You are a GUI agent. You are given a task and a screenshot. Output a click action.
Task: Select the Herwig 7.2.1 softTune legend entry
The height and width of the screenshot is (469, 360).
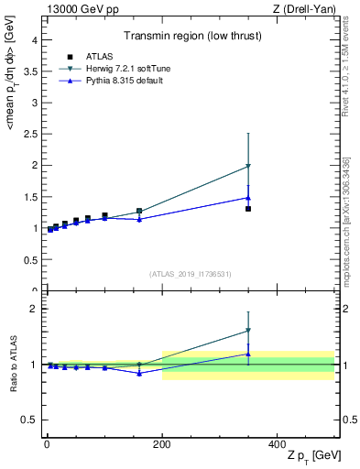click(118, 69)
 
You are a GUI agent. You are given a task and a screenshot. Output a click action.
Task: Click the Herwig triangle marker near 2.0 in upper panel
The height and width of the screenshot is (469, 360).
click(248, 167)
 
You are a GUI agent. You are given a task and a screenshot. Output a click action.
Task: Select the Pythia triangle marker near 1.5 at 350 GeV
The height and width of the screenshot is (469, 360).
click(248, 197)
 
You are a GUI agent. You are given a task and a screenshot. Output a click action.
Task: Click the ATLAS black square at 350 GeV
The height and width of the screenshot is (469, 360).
click(248, 209)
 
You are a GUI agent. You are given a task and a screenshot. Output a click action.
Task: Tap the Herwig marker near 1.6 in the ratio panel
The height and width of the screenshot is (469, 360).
click(248, 331)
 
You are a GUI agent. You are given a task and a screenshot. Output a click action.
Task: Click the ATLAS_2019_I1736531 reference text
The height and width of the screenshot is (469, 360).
click(190, 274)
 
